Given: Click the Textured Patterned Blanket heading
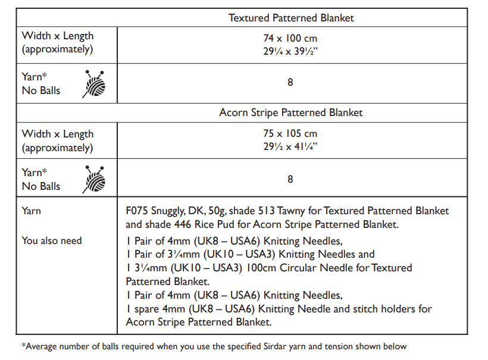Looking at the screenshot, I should tap(291, 18).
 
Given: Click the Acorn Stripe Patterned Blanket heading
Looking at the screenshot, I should tap(291, 112).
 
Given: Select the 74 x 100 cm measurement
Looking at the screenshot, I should tap(290, 39).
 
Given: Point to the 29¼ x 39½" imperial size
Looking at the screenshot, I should tap(290, 52).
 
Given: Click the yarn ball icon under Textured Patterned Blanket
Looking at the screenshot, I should tap(95, 84).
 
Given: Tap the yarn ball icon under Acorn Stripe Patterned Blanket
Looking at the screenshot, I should tap(95, 179).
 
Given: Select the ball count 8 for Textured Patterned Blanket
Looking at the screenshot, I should tap(290, 83).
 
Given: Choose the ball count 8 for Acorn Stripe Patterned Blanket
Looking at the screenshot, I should tap(290, 179).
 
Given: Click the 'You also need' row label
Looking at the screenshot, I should tap(52, 240).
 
